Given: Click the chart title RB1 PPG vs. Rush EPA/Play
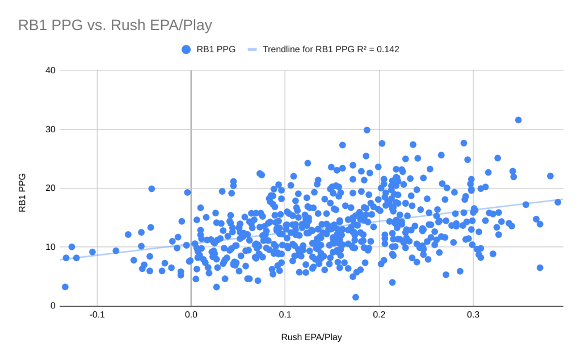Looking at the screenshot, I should coord(115,26).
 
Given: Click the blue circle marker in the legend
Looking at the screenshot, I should coord(186,49).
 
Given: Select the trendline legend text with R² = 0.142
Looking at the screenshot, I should coord(331,49).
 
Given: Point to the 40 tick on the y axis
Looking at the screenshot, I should coord(50,70).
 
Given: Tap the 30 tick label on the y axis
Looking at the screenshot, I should coord(50,129).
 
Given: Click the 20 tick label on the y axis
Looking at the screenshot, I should coord(50,188).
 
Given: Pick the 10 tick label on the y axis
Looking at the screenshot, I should coord(50,247).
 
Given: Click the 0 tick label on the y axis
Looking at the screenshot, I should coord(53,306).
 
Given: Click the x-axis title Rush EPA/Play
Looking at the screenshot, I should coord(311,337).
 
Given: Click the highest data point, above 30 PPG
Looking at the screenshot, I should coord(518,120).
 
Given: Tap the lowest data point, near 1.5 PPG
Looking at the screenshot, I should coord(356,297).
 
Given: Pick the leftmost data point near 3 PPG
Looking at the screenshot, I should coord(65,287).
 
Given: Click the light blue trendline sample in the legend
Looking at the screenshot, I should coord(252,49).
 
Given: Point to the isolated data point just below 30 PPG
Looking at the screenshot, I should coord(367,130).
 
